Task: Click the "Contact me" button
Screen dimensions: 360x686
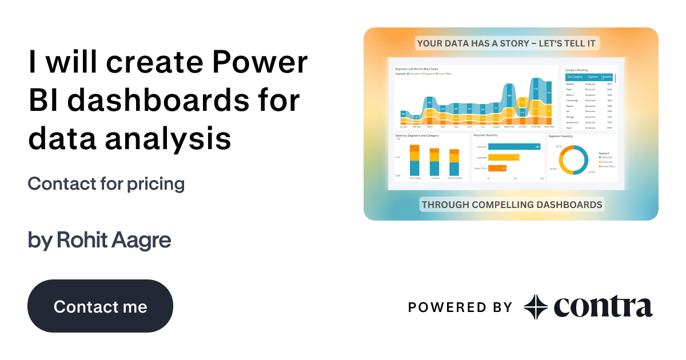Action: [x=100, y=306]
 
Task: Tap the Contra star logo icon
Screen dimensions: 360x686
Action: [x=536, y=307]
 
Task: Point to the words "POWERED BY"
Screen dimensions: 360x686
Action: [x=460, y=307]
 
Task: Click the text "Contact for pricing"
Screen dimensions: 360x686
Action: [x=106, y=184]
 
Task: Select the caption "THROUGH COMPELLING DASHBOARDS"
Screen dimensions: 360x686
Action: [x=512, y=204]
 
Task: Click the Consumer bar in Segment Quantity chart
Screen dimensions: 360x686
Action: [x=514, y=147]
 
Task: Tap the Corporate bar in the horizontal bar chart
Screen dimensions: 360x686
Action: [x=504, y=158]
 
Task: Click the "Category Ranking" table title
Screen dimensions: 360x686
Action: [x=576, y=70]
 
